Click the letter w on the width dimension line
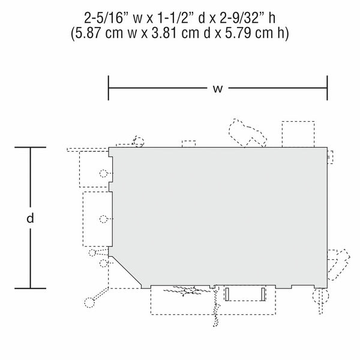coord(217,89)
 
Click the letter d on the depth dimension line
coord(30,218)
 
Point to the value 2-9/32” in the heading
coord(242,18)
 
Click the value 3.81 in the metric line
coord(164,33)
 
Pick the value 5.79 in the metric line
coord(238,33)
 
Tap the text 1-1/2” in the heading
coord(175,18)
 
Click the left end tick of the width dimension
coord(109,88)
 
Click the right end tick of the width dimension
coord(327,88)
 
